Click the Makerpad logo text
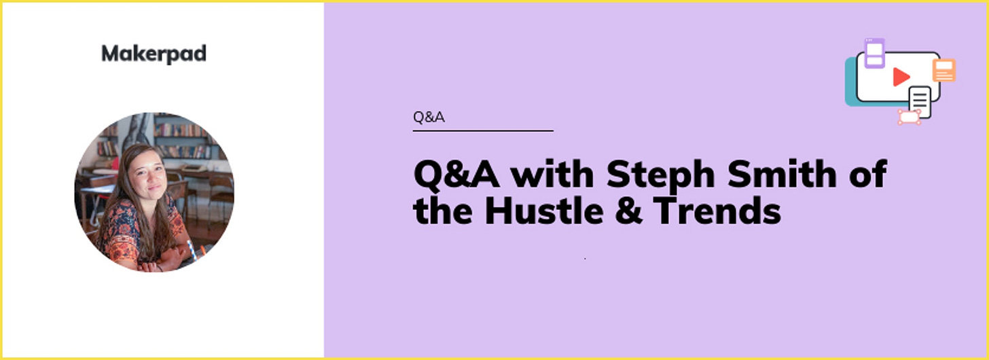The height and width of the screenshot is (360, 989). [x=154, y=54]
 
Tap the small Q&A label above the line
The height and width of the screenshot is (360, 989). [x=429, y=117]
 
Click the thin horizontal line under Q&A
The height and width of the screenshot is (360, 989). [x=483, y=130]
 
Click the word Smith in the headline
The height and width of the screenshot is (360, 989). [x=782, y=175]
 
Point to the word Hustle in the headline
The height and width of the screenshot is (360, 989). [x=544, y=211]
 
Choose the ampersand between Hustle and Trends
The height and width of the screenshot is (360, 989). [x=628, y=211]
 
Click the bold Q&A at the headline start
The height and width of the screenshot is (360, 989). [x=456, y=175]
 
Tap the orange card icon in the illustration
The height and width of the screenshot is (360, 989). [x=944, y=71]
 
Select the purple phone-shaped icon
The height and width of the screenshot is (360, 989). [x=874, y=53]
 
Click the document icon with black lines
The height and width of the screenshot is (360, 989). [x=920, y=102]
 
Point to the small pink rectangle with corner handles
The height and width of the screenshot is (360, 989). [x=910, y=117]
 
